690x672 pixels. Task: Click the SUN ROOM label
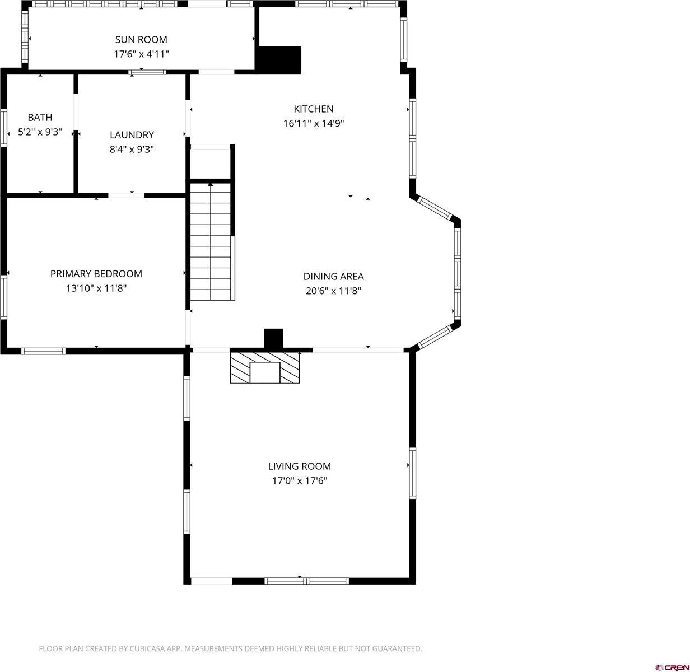click(141, 39)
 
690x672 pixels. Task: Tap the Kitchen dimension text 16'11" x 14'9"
click(313, 123)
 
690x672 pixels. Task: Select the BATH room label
click(40, 117)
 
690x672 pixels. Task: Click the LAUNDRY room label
click(132, 134)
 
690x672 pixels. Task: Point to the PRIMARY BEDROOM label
click(96, 273)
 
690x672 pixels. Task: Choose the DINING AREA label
click(333, 276)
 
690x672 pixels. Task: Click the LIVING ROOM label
click(299, 466)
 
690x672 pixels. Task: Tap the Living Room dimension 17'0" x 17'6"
click(299, 480)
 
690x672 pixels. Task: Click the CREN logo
click(672, 666)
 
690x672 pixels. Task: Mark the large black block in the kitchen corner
click(279, 59)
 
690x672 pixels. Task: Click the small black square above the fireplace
click(273, 338)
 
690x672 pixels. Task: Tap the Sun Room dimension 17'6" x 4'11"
click(141, 54)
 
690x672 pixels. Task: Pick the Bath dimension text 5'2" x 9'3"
click(40, 132)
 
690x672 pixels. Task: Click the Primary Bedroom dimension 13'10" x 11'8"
click(96, 288)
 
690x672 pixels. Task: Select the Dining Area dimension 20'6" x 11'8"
click(333, 291)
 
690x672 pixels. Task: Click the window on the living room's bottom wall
click(306, 581)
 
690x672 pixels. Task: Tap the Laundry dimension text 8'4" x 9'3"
click(132, 149)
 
